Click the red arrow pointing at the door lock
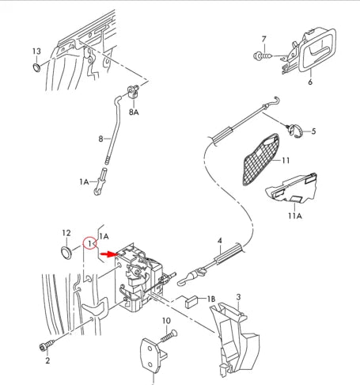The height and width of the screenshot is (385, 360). coord(106,255)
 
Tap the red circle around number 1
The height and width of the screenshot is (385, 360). coord(91,241)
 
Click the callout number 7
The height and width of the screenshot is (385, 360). coord(264,38)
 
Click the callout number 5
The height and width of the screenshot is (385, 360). coord(313,131)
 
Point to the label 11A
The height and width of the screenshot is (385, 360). coord(295,215)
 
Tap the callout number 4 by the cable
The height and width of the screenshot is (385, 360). coord(220,240)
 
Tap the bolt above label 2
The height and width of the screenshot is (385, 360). coord(47,345)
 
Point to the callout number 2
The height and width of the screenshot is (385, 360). coord(47,361)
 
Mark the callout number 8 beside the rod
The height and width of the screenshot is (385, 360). coord(100,139)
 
